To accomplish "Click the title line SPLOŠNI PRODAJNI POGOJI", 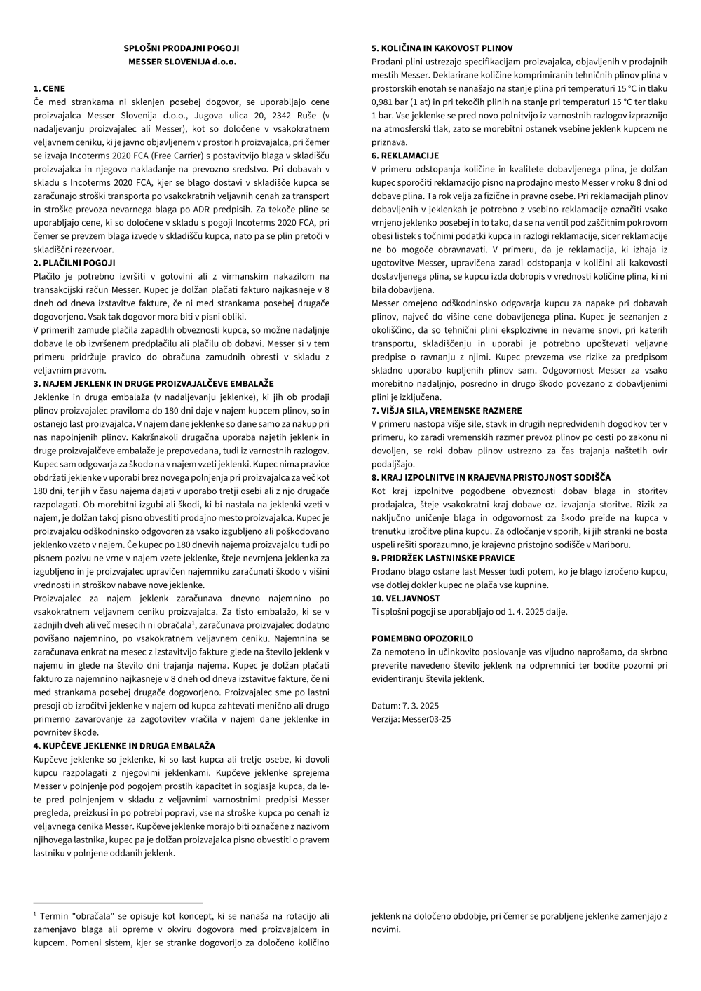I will pos(182,48).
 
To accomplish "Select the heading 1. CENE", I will pos(49,89).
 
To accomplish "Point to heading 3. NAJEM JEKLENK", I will pos(154,383).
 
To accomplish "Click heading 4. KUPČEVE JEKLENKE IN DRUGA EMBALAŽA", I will pos(124,746).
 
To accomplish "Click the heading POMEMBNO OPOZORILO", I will pos(422,638).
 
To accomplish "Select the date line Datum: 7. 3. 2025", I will pos(405,705).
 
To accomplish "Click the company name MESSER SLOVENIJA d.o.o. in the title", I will pos(182,62).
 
